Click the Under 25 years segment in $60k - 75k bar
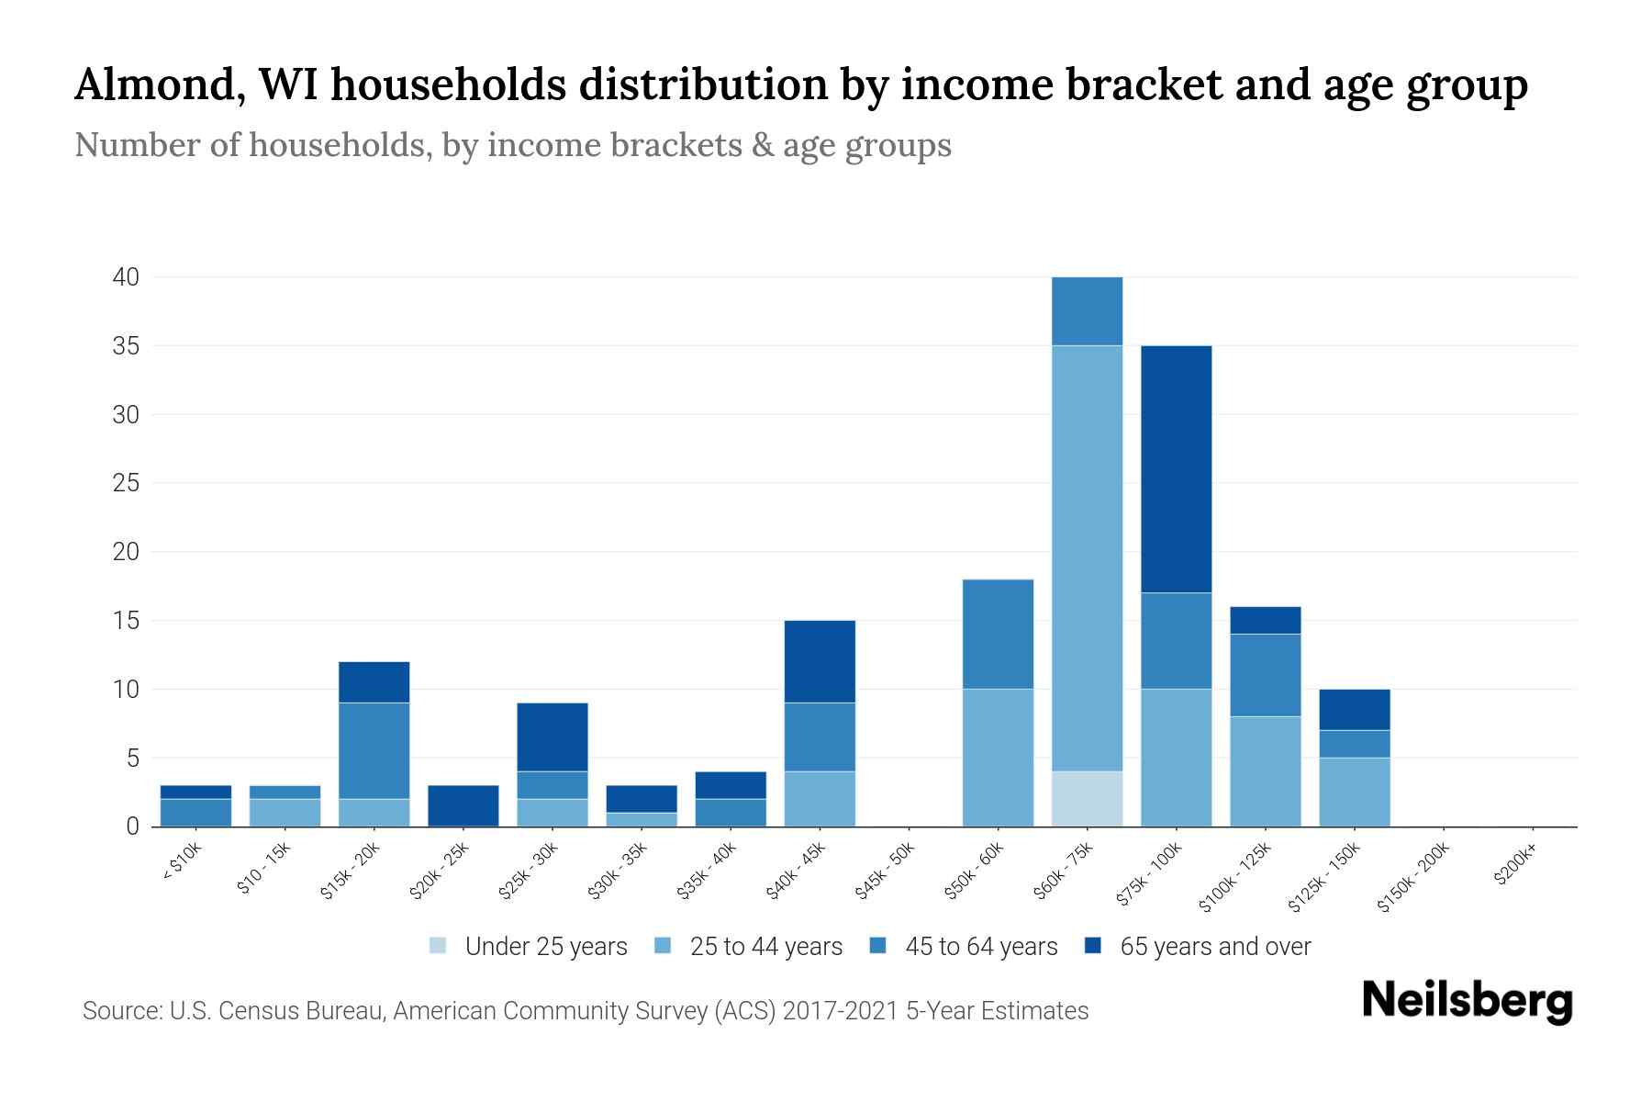point(1087,798)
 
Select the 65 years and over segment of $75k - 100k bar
point(1176,469)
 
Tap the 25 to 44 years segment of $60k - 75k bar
point(1087,558)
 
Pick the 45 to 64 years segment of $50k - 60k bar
point(998,634)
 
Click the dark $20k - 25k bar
point(463,805)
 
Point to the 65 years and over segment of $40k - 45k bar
point(820,661)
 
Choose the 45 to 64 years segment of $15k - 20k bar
point(374,750)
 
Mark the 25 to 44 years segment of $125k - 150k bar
point(1354,792)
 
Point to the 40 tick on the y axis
point(127,277)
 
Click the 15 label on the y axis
point(127,621)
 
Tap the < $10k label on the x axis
point(181,864)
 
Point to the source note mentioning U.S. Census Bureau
point(586,1011)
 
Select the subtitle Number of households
point(512,145)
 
